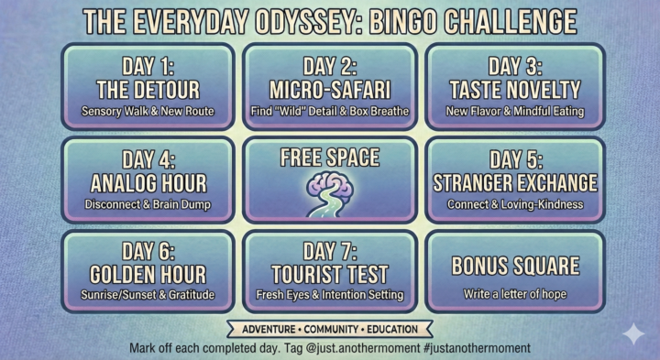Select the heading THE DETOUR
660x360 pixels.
click(x=149, y=90)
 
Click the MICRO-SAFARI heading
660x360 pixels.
click(x=330, y=90)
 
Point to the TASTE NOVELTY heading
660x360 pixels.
click(x=515, y=90)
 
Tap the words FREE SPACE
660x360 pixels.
click(x=329, y=158)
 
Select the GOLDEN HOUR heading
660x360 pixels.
click(x=149, y=274)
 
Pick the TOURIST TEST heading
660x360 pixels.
click(x=330, y=274)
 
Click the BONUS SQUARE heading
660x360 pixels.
click(x=515, y=266)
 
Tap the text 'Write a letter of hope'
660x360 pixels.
click(x=515, y=295)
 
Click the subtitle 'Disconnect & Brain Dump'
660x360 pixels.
click(x=149, y=204)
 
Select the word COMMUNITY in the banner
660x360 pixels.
click(x=330, y=329)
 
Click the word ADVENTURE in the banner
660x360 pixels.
click(x=266, y=329)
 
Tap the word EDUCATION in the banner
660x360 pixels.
click(x=390, y=329)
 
